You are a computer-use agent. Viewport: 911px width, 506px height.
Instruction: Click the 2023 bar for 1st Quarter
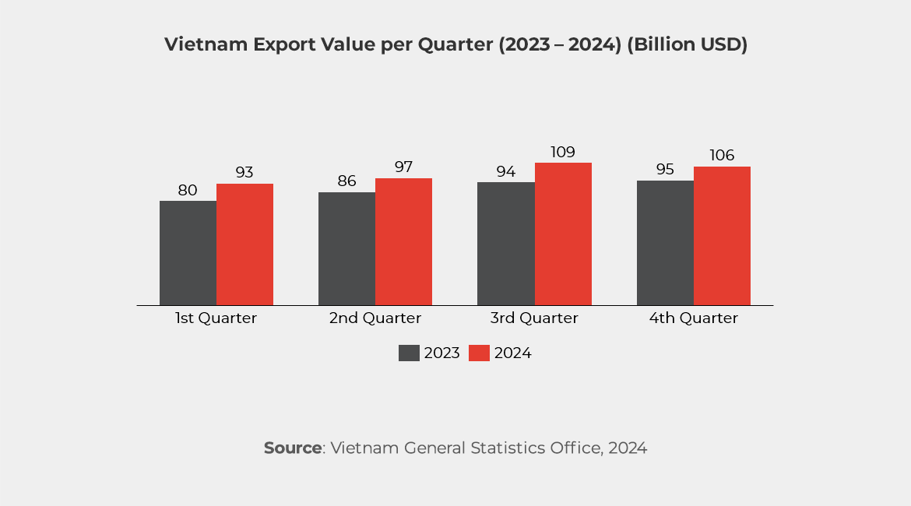coord(188,253)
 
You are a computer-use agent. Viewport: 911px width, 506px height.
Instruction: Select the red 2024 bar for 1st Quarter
coord(244,244)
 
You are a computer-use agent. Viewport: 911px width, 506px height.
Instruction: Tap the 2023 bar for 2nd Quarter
coord(346,248)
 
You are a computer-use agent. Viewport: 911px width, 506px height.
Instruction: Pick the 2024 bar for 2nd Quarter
coord(403,241)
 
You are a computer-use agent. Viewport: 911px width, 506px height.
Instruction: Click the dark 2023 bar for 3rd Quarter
coord(506,244)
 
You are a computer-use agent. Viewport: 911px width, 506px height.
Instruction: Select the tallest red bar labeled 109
coord(563,234)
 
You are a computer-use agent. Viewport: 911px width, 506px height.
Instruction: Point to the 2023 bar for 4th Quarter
coord(665,243)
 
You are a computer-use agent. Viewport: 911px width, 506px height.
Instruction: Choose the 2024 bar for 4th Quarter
coord(722,236)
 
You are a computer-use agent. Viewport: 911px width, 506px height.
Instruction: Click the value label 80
coord(188,190)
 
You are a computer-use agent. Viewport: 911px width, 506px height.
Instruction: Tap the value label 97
coord(403,167)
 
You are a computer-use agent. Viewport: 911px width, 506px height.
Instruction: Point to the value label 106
coord(722,156)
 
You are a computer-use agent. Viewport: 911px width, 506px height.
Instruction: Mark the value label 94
coord(506,171)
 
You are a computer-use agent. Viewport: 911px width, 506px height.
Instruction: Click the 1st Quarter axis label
coord(216,318)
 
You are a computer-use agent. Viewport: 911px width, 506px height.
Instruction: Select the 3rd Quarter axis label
coord(534,318)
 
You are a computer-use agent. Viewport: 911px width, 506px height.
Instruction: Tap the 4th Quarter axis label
coord(693,318)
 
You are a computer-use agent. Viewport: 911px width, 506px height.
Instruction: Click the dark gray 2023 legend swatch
coord(409,353)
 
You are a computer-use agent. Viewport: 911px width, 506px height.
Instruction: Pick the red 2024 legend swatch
coord(480,353)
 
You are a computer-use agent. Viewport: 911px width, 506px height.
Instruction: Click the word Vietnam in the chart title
coord(205,45)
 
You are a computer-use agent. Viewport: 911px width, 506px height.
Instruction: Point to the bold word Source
coord(293,448)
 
